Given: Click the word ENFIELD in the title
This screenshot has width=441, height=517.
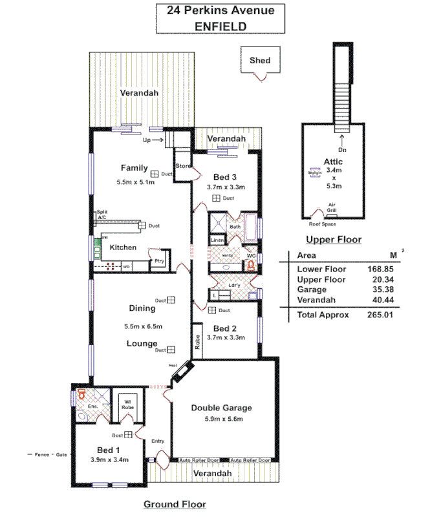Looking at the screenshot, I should [x=220, y=26].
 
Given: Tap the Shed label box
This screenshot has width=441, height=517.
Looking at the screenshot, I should [x=260, y=61].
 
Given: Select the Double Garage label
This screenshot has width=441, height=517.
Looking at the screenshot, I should [x=220, y=408].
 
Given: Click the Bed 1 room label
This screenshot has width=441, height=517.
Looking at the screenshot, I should [x=109, y=450].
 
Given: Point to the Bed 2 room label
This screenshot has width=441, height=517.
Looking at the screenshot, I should [x=226, y=327].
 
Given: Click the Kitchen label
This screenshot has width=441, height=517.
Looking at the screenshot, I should [x=122, y=248].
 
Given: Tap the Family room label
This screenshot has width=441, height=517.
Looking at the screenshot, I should [x=134, y=168].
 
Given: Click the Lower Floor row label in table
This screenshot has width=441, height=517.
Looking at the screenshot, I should [x=321, y=269].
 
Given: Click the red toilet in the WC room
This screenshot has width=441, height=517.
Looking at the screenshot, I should [x=251, y=265].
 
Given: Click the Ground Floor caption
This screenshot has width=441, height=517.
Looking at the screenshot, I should [x=175, y=504].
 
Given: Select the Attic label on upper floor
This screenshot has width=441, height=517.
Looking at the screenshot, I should [x=333, y=161].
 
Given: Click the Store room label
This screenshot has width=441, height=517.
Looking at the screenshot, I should [x=184, y=167].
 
